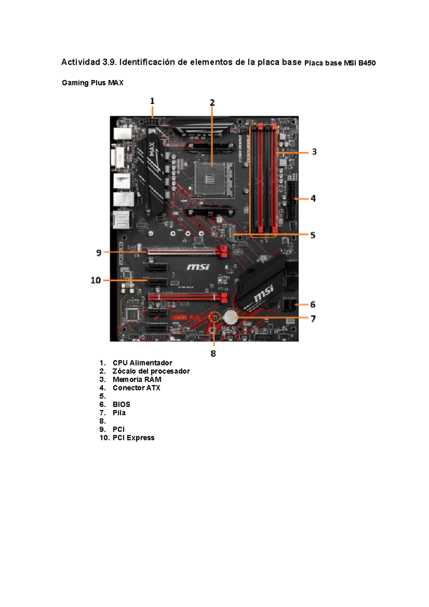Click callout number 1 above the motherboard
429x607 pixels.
(x=152, y=101)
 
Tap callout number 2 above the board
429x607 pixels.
(x=212, y=103)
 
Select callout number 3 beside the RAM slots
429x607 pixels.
(x=314, y=152)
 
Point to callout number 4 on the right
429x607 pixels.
(x=313, y=199)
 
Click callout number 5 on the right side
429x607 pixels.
(x=313, y=235)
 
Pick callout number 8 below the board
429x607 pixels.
(x=213, y=354)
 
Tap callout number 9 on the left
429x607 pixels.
(x=99, y=253)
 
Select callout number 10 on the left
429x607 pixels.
(x=96, y=280)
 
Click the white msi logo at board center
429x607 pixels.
(x=198, y=267)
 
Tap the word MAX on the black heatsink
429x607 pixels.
(x=152, y=149)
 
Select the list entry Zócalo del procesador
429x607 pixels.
(x=151, y=371)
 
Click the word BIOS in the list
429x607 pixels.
(x=121, y=405)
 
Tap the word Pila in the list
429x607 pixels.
(x=119, y=413)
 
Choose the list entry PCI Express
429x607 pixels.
(x=133, y=438)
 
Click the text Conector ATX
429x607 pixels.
(x=136, y=388)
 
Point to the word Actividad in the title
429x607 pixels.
(x=80, y=62)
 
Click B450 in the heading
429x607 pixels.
(x=367, y=63)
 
